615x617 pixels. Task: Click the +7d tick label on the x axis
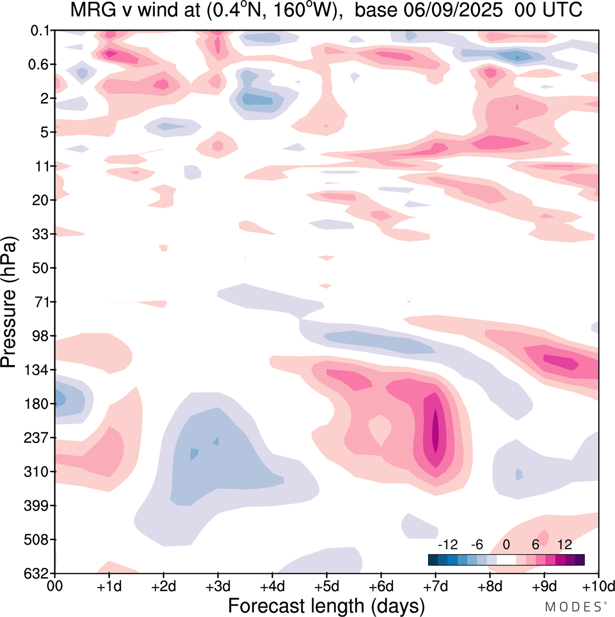tap(435, 586)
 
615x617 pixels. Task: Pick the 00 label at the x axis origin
tap(55, 586)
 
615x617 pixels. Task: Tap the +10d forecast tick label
tap(599, 586)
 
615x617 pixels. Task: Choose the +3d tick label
tap(218, 586)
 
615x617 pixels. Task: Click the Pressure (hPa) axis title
tap(9, 302)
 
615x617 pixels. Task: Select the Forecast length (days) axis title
tap(326, 606)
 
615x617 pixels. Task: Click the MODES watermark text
tap(573, 607)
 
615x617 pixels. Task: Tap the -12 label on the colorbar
tap(448, 545)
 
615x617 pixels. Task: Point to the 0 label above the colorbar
tap(506, 545)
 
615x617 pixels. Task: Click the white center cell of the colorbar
tap(506, 560)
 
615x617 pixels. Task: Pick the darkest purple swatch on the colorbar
tap(579, 560)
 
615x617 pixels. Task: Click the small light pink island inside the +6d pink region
tap(380, 428)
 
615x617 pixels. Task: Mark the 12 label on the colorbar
tap(565, 545)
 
